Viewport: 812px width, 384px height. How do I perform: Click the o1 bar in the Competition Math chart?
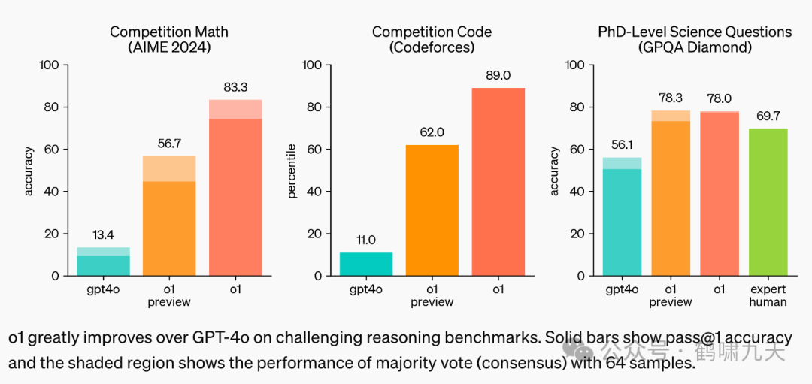pos(235,188)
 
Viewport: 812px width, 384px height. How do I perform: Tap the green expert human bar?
pos(768,201)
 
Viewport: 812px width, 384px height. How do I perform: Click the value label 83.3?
pos(235,87)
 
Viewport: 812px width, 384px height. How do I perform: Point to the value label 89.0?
pos(498,75)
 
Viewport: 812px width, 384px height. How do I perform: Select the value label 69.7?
pos(768,116)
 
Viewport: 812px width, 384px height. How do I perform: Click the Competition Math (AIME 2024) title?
pos(169,39)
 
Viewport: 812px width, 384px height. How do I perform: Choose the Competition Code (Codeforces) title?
pos(432,39)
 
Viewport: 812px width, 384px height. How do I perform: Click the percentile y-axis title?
pos(292,171)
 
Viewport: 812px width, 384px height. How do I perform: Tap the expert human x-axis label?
pos(768,295)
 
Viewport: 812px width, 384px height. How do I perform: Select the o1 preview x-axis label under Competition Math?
pos(169,295)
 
